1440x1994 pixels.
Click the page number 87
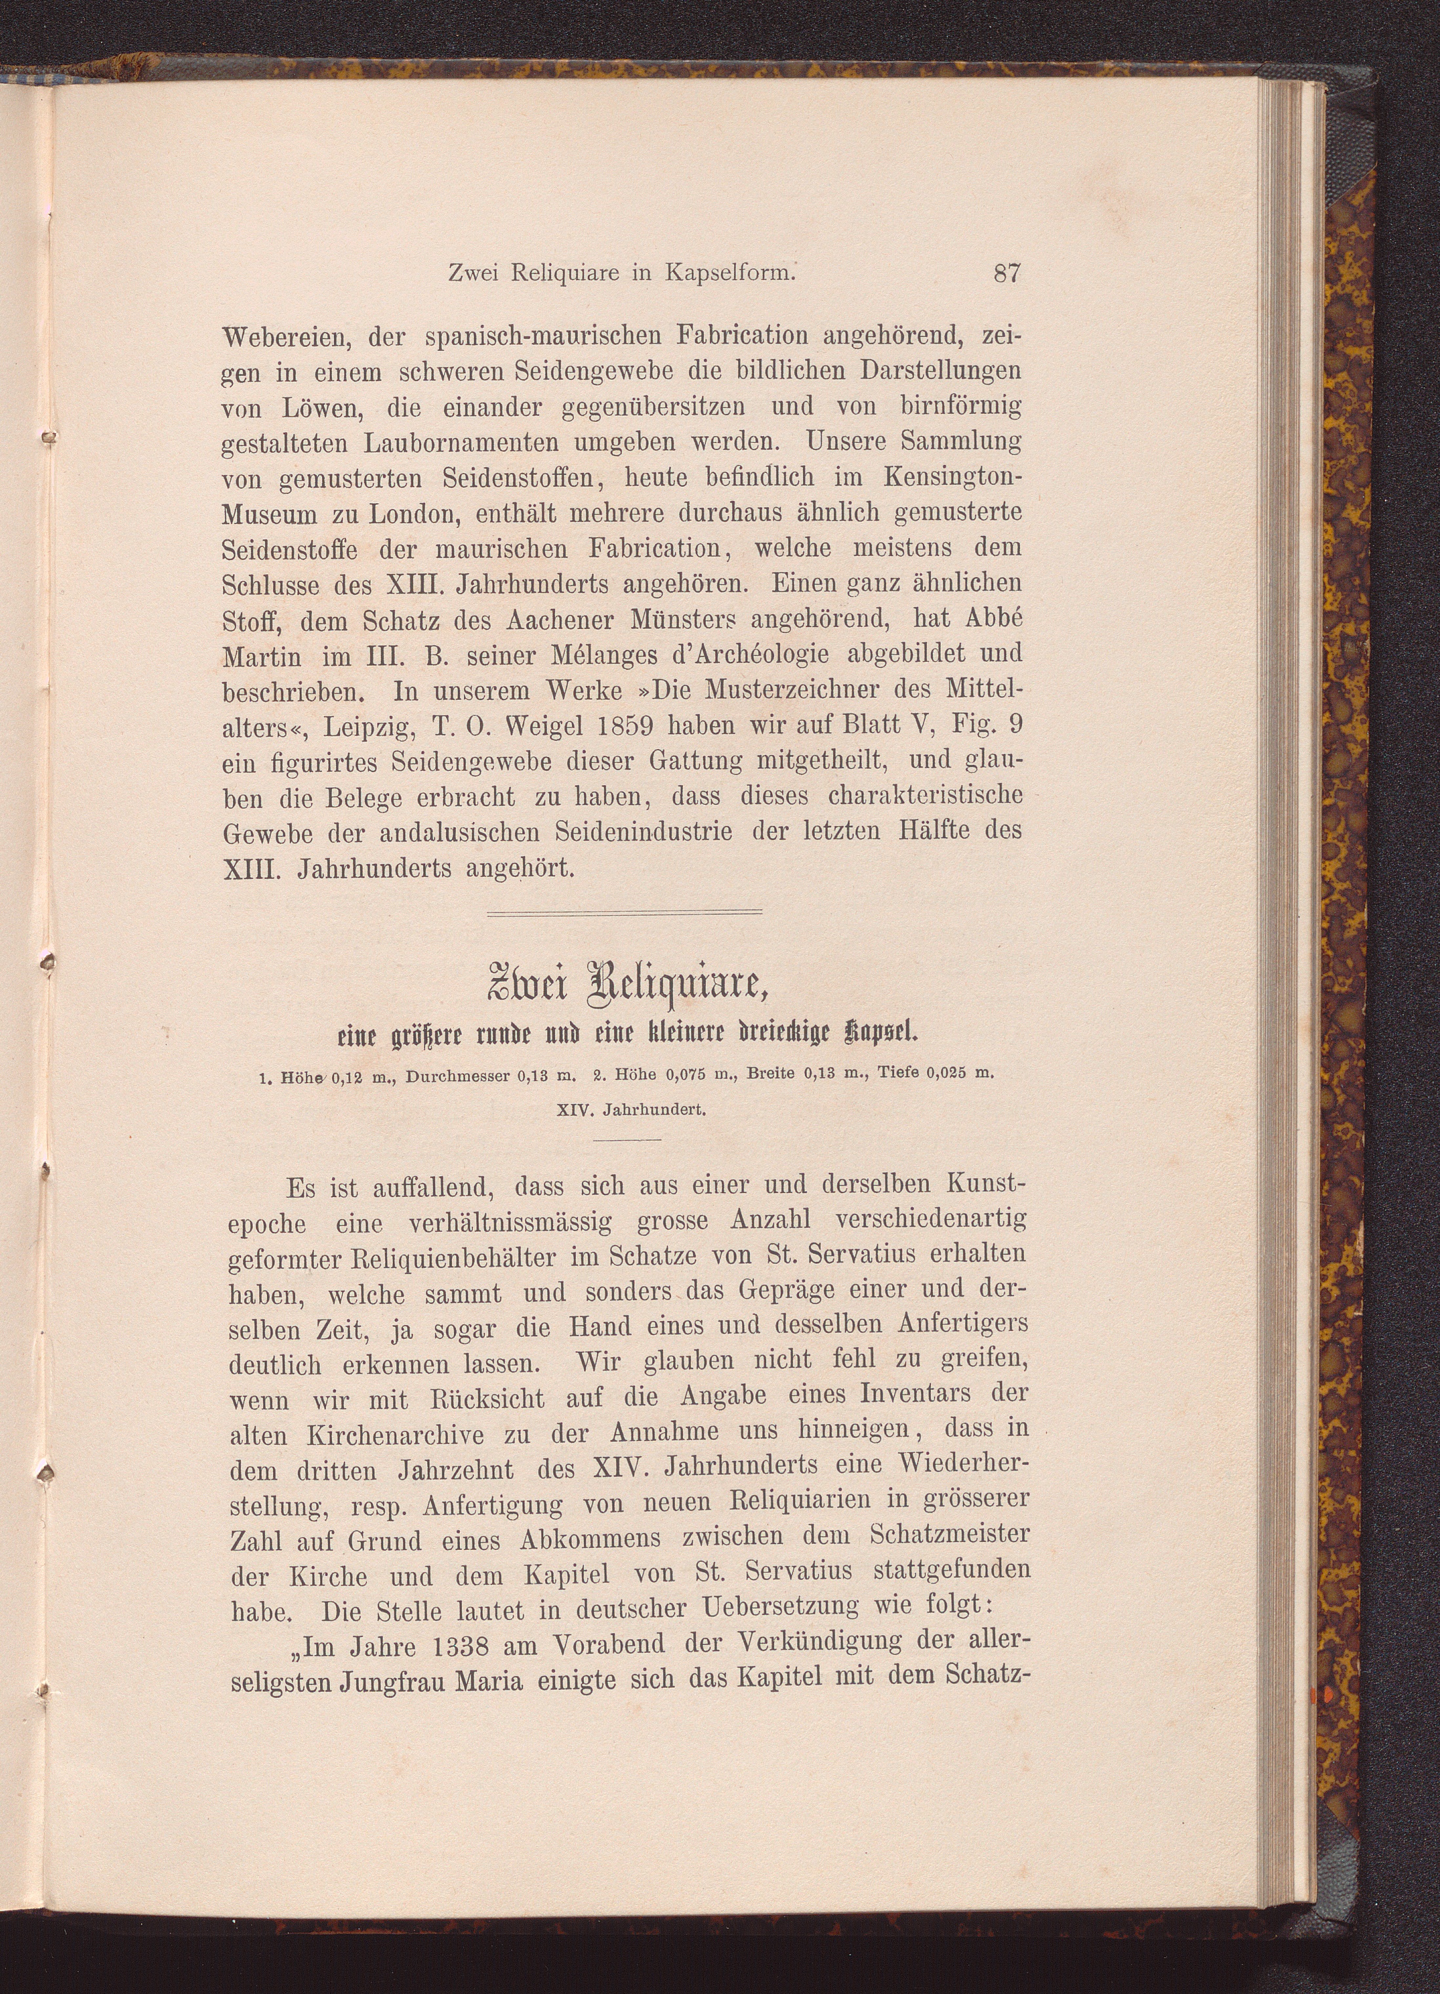click(1006, 274)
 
